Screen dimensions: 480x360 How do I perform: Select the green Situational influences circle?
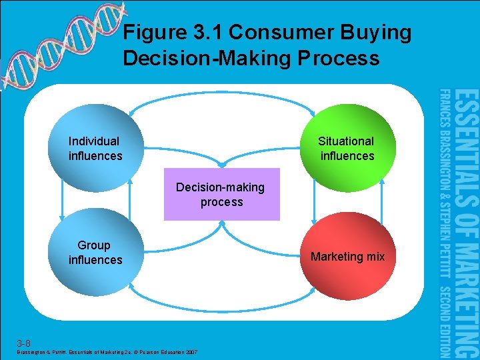[347, 148]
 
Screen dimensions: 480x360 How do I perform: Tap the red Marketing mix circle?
[347, 257]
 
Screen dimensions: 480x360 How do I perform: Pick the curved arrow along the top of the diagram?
[221, 99]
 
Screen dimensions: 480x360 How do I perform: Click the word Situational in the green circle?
[346, 141]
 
